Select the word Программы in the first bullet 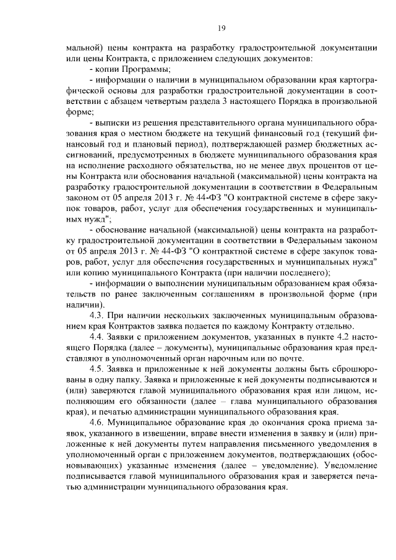pyautogui.click(x=139, y=69)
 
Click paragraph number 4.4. pyautogui.click(x=98, y=338)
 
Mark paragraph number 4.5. pyautogui.click(x=98, y=371)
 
